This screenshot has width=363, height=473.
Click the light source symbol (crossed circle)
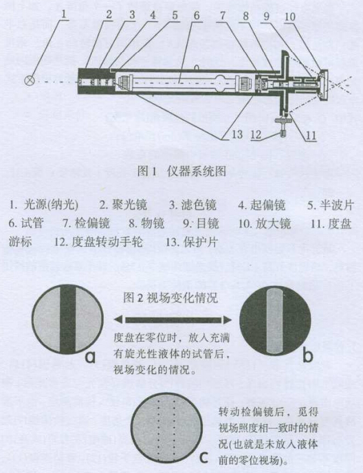click(30, 80)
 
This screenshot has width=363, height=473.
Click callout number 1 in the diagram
click(64, 14)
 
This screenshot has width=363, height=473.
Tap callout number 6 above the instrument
click(197, 15)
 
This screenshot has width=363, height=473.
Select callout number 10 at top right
click(289, 16)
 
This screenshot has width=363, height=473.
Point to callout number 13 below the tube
click(237, 134)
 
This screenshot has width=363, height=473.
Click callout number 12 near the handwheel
click(256, 135)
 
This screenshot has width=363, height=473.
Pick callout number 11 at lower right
click(311, 135)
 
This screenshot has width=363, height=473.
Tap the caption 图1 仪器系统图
click(181, 171)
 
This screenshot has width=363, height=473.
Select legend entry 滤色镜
click(192, 205)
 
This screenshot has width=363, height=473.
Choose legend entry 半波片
click(330, 205)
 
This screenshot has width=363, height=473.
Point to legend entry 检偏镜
click(86, 223)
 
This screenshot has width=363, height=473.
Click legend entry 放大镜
click(265, 223)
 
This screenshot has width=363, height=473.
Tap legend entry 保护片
click(192, 242)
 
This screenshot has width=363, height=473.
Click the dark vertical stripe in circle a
click(67, 320)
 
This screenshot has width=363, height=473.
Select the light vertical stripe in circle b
click(275, 320)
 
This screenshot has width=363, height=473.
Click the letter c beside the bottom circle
click(204, 457)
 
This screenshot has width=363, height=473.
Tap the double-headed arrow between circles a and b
click(173, 320)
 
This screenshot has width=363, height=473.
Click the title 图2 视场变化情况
click(170, 298)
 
